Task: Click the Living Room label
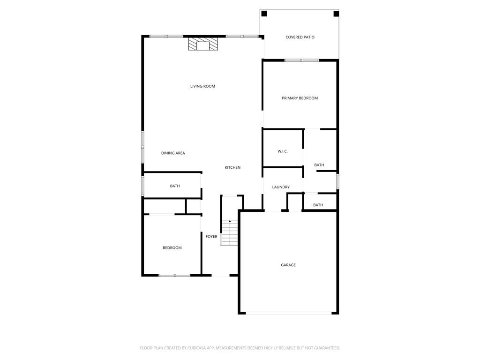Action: point(202,86)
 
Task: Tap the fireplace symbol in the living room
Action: point(203,45)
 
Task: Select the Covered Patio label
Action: point(300,37)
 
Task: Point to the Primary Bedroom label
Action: point(300,98)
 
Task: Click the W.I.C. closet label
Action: point(282,151)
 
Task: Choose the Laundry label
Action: point(281,187)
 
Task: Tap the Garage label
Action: point(288,265)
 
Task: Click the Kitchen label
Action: point(232,167)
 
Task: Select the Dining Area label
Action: point(173,153)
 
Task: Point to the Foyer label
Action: point(211,236)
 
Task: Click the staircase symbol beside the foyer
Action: point(230,232)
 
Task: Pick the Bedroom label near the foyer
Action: point(172,247)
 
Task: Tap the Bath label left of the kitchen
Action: point(175,186)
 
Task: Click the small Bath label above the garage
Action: point(318,205)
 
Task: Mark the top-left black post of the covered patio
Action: point(264,14)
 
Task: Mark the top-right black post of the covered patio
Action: point(336,14)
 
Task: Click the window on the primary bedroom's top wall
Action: point(302,60)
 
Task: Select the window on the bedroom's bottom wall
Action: point(174,275)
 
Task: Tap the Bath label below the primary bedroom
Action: point(319,165)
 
